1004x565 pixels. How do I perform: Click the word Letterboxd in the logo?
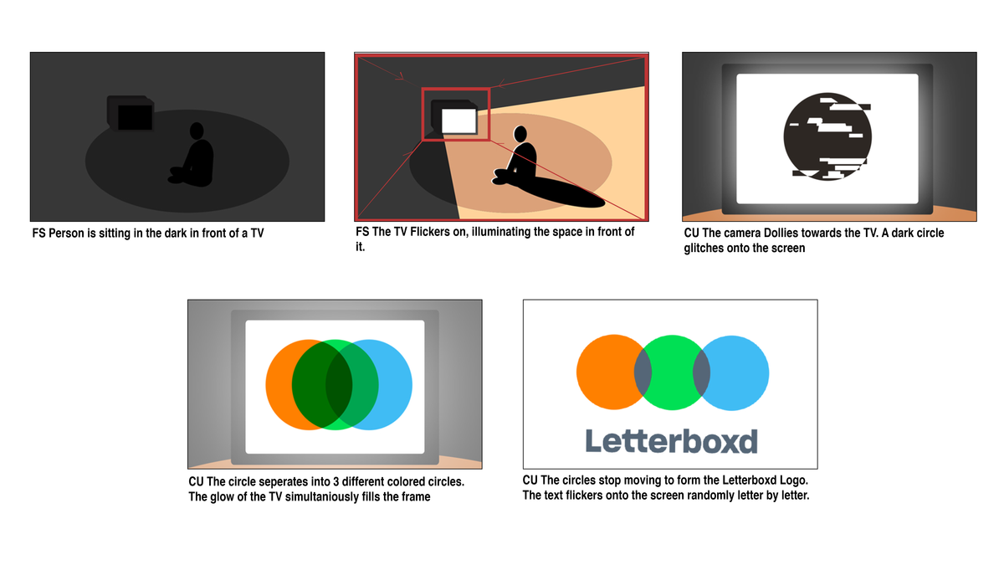pyautogui.click(x=671, y=440)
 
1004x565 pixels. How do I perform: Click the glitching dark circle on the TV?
pyautogui.click(x=827, y=136)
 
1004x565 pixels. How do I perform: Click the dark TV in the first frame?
pyautogui.click(x=131, y=114)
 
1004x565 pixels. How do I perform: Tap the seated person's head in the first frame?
pyautogui.click(x=197, y=131)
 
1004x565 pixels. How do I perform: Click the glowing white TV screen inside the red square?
pyautogui.click(x=458, y=121)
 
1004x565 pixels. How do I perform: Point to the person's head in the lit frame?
pyautogui.click(x=520, y=134)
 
